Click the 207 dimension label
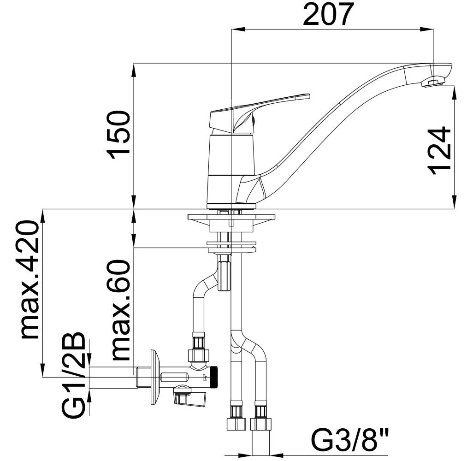click(x=328, y=14)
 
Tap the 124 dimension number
click(x=439, y=151)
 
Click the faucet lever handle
click(x=259, y=112)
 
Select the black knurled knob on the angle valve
click(x=215, y=377)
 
